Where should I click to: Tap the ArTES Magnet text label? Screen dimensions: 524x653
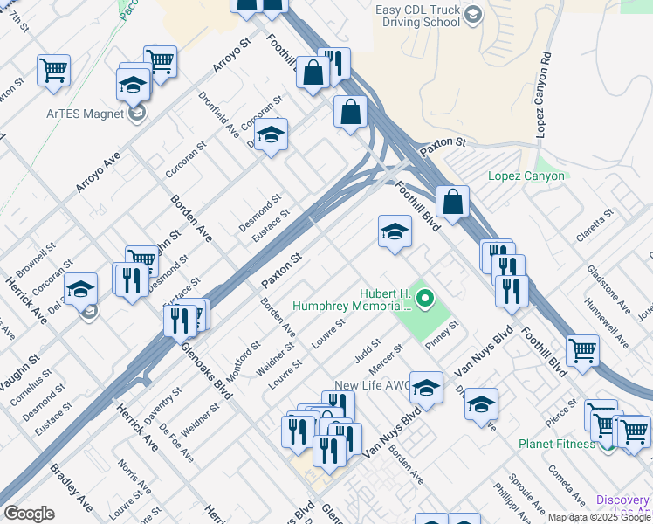click(x=87, y=114)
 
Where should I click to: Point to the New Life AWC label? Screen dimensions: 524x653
click(x=371, y=386)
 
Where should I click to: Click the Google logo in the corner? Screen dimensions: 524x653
click(x=29, y=514)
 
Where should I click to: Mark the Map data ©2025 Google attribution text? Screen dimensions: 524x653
click(x=600, y=517)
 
